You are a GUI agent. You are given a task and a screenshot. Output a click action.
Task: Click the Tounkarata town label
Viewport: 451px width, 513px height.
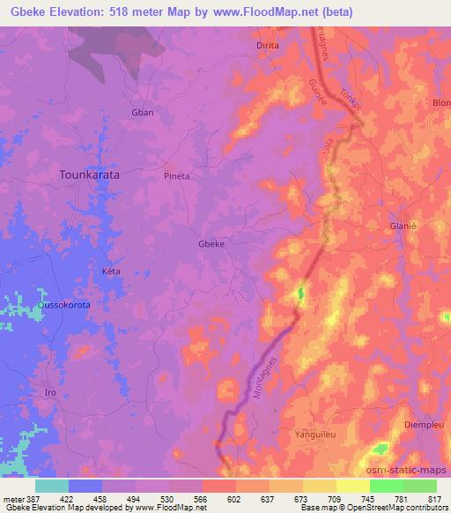point(89,175)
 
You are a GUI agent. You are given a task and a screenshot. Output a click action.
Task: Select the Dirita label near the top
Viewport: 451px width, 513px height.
point(267,45)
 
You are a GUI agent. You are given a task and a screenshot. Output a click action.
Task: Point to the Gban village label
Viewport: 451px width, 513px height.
point(142,113)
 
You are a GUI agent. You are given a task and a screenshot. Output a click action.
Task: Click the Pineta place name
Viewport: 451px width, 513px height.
point(177,175)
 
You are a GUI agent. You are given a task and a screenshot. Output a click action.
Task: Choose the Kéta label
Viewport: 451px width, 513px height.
point(111,271)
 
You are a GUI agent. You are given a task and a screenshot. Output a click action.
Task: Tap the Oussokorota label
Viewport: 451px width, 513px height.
point(63,305)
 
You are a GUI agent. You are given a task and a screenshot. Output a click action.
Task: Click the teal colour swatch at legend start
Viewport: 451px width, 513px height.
point(51,486)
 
